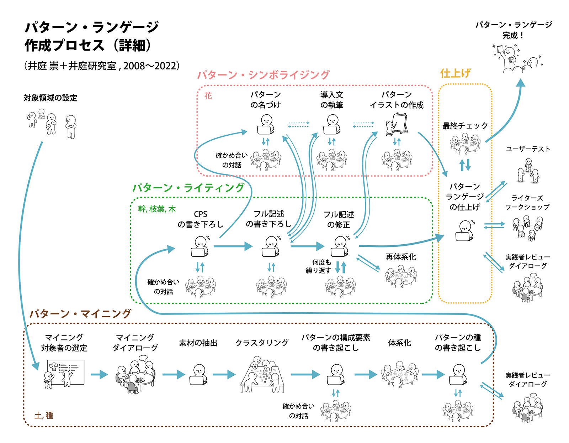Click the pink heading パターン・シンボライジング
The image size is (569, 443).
click(x=263, y=75)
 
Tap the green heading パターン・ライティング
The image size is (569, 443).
click(x=188, y=188)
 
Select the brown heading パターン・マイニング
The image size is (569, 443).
click(x=80, y=314)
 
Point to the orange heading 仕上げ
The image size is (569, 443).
click(x=455, y=73)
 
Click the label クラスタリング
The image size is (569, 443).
click(x=262, y=343)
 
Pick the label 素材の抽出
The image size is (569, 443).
click(x=198, y=343)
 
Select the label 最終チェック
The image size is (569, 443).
click(x=465, y=126)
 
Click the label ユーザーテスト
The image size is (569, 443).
click(x=528, y=149)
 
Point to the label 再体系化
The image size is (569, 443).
click(x=401, y=257)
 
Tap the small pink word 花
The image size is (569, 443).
click(x=208, y=96)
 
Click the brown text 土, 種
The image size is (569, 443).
click(x=44, y=415)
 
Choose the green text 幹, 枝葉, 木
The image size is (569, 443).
click(x=157, y=209)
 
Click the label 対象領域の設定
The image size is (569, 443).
click(x=50, y=98)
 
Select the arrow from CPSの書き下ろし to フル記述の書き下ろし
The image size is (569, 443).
click(x=233, y=246)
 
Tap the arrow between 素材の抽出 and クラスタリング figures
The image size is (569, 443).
click(x=224, y=375)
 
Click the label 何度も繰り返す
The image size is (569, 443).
click(x=319, y=266)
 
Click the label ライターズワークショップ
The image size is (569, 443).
click(x=527, y=202)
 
